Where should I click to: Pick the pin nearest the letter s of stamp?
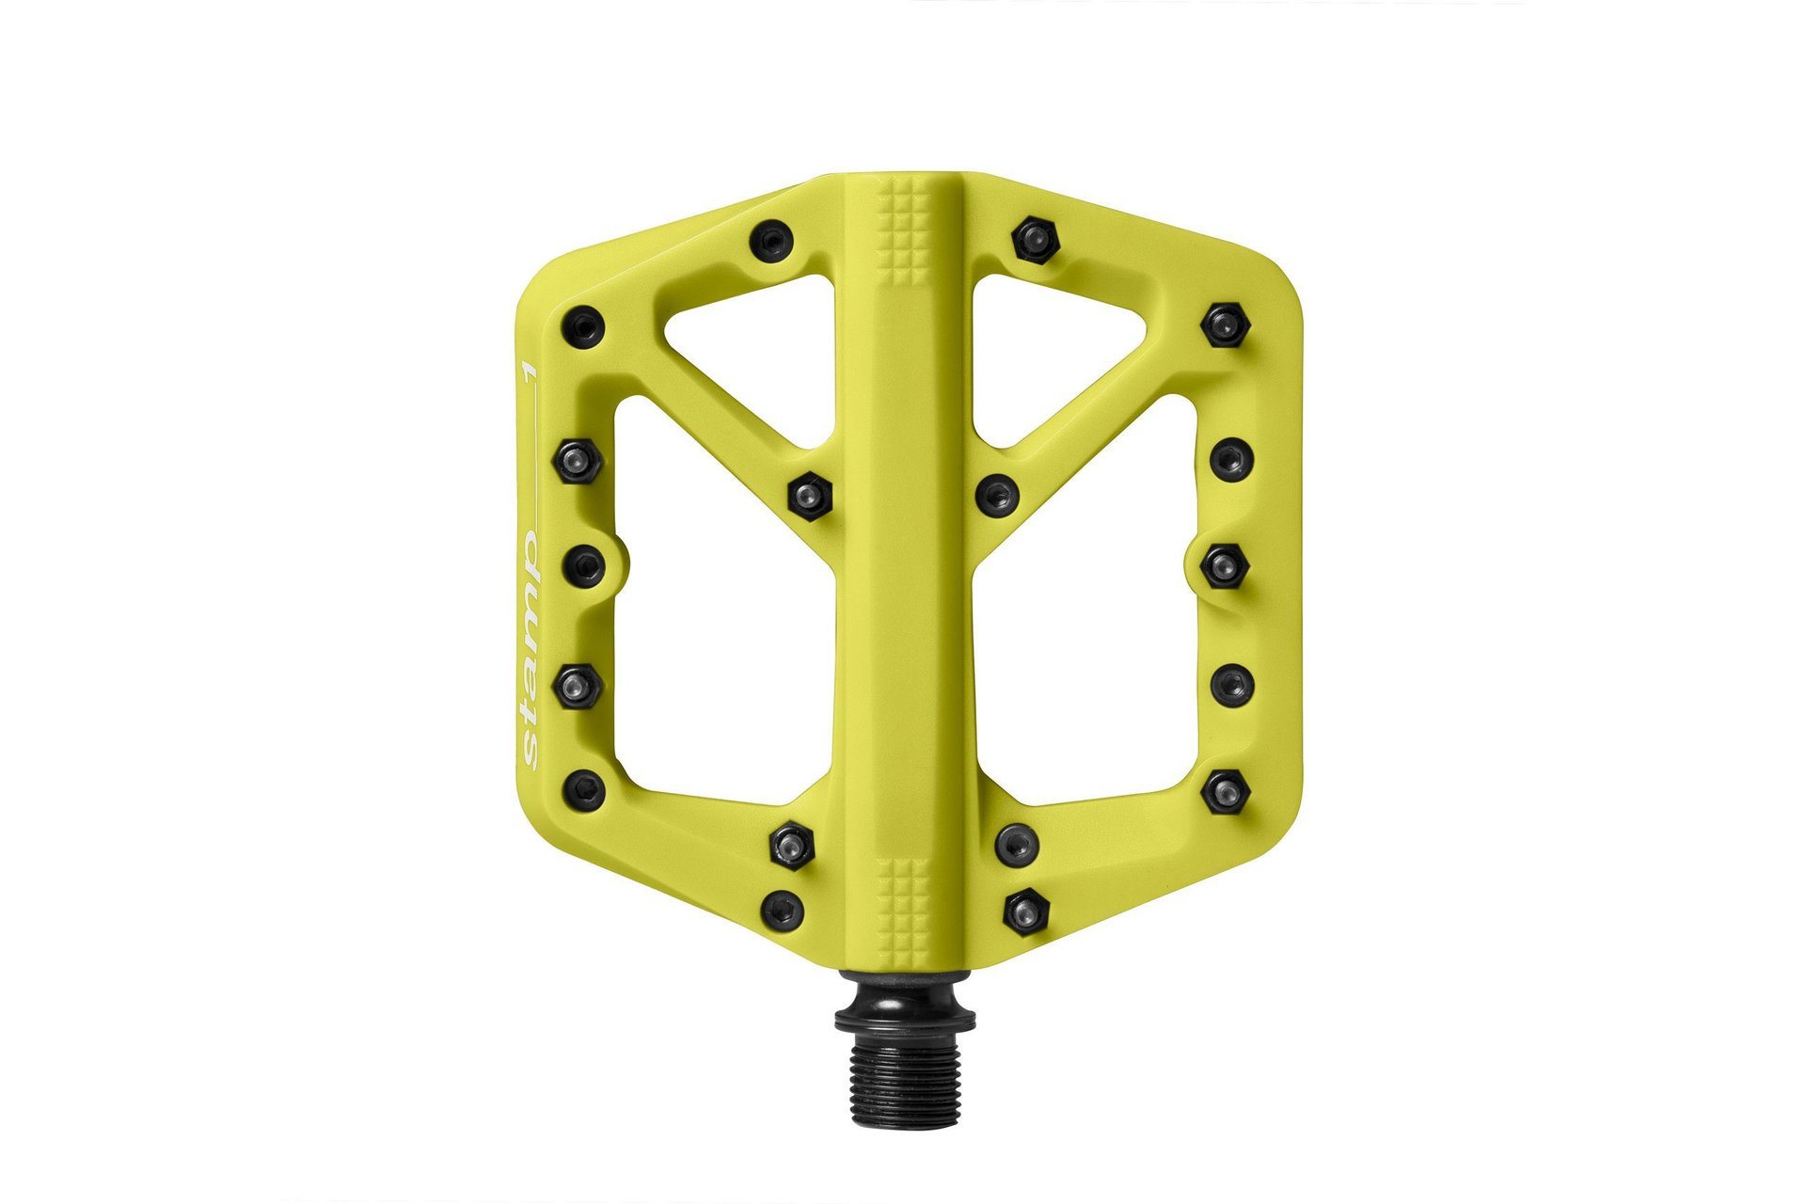(584, 790)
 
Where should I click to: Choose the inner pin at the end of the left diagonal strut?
(808, 493)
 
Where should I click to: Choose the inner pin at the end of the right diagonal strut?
(998, 493)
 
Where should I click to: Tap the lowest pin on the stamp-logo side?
(782, 911)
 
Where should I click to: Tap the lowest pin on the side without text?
(1025, 911)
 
